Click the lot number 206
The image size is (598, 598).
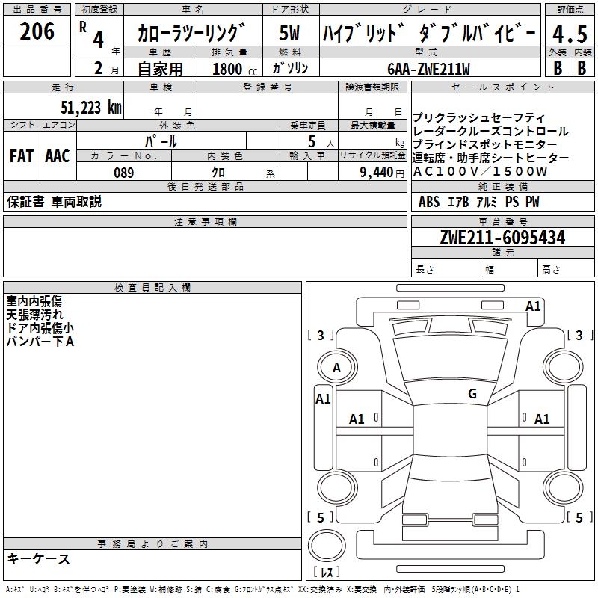37,31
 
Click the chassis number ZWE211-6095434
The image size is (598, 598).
502,238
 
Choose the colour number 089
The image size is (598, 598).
124,173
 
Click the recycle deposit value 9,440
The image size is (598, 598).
377,173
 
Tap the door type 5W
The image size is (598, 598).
289,34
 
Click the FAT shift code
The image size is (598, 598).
21,156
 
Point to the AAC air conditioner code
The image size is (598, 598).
57,156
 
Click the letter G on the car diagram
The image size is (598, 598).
472,394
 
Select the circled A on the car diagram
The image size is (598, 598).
336,368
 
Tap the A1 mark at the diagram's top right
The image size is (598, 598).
533,306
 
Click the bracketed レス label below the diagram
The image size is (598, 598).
330,573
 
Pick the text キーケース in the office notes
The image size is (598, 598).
39,559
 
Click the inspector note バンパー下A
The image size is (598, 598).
40,342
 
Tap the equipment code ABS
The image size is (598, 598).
429,202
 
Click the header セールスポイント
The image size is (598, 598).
483,87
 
